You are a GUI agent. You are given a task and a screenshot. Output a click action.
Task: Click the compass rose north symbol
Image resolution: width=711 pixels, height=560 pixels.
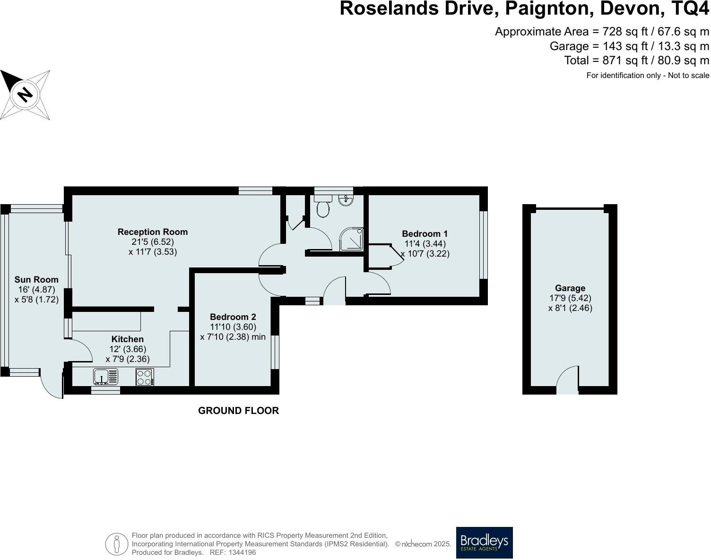25,95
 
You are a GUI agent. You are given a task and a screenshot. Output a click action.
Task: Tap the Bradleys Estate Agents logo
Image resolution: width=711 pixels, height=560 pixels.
484,543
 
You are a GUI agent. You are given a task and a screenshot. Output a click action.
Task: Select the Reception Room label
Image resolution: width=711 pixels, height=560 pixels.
152,232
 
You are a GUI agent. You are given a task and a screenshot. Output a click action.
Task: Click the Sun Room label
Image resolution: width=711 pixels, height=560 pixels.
36,279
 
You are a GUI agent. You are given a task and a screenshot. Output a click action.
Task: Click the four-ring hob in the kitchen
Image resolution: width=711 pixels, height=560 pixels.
145,377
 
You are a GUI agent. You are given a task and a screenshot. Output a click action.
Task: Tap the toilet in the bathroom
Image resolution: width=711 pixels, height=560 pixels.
323,207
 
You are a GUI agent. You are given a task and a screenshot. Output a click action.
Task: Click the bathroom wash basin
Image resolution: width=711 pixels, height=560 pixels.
346,200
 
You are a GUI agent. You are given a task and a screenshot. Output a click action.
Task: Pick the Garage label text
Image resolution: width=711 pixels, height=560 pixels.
570,288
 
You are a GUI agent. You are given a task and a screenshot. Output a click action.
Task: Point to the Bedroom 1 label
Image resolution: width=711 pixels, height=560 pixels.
425,233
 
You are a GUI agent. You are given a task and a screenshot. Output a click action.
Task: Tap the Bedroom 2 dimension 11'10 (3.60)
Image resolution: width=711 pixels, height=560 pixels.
233,327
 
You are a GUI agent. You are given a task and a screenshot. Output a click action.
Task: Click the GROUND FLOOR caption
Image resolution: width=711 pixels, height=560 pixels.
238,411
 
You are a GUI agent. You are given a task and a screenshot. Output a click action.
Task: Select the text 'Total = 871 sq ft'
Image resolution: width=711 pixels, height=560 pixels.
607,60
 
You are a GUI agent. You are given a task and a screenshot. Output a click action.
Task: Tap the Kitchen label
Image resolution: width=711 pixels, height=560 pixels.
127,339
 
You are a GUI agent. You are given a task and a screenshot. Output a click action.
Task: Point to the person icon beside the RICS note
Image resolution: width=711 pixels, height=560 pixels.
116,544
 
